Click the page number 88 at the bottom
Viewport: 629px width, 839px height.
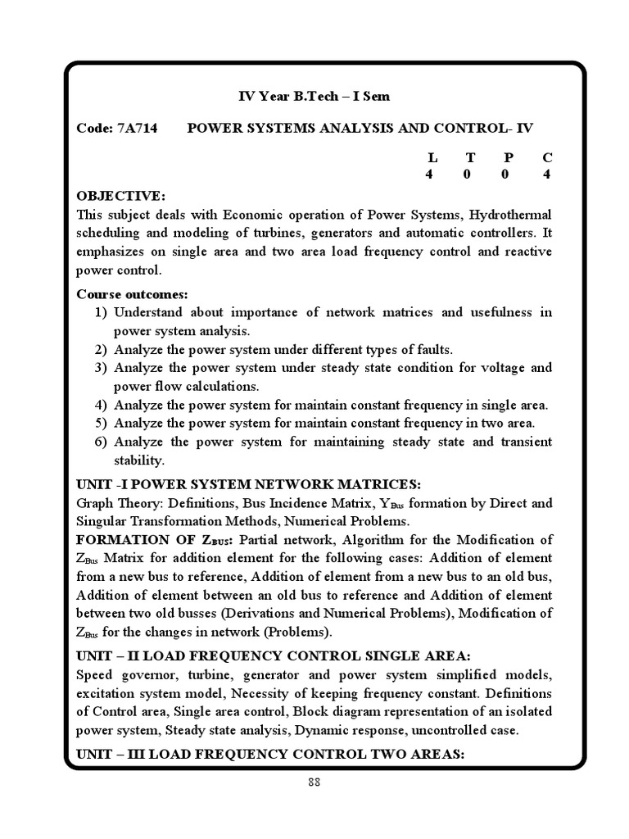(x=314, y=782)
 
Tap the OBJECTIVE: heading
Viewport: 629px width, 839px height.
(x=121, y=197)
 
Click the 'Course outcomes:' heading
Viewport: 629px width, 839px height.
(x=132, y=293)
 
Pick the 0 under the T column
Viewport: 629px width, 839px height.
(x=470, y=175)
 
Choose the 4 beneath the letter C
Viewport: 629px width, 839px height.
(x=546, y=175)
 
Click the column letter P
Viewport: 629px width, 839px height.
(x=509, y=156)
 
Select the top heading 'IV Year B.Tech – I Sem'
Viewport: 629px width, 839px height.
(x=314, y=97)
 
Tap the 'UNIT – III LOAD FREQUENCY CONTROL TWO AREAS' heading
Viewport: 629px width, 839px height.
(x=270, y=753)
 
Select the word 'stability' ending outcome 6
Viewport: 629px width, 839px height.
(x=139, y=460)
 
